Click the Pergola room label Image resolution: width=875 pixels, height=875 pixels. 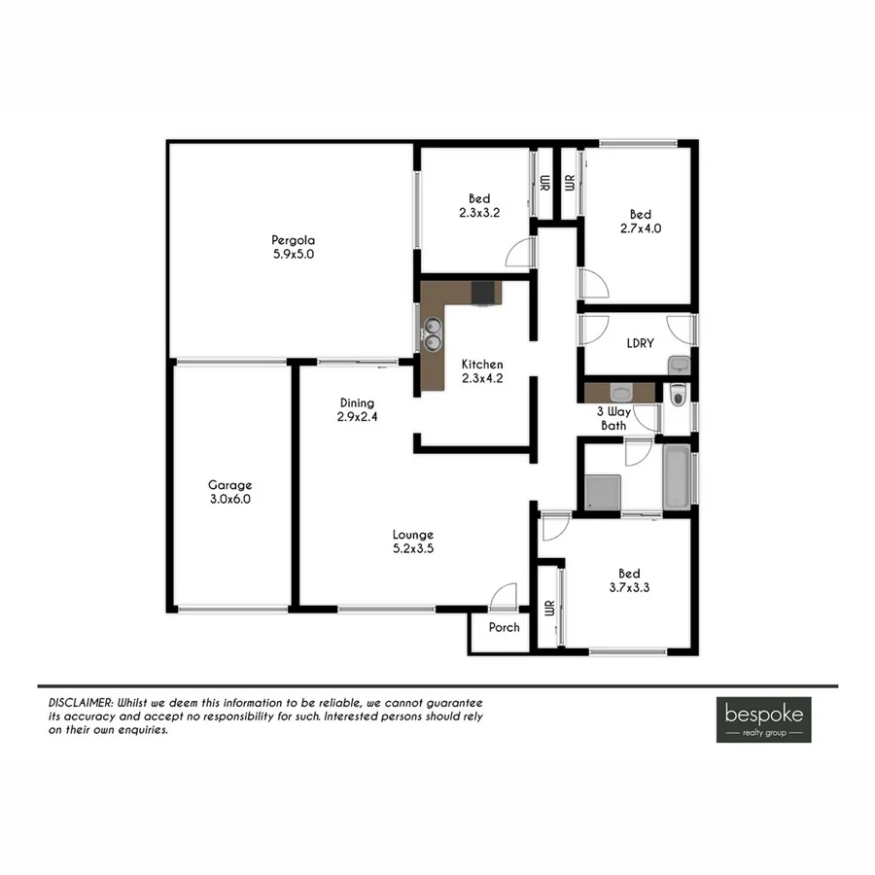(293, 240)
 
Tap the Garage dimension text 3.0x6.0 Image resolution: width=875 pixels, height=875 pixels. (229, 499)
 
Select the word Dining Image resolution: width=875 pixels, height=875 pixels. (357, 402)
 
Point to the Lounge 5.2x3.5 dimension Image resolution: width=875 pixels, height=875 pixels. (412, 548)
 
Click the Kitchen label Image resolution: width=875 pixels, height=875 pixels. (482, 365)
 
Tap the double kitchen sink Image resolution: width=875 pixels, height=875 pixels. (433, 335)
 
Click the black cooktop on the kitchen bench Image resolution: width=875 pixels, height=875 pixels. (483, 292)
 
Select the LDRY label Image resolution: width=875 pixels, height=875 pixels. (640, 342)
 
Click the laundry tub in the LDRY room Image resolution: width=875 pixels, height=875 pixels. (679, 365)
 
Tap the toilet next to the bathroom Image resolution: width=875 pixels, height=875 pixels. (679, 394)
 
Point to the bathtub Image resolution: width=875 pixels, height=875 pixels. (677, 476)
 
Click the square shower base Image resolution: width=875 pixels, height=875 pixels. (604, 491)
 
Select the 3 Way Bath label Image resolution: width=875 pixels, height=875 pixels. (614, 418)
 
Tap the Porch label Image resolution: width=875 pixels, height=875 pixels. (504, 627)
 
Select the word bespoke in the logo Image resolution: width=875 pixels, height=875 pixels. (763, 712)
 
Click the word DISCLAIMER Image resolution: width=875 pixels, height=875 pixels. (81, 701)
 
